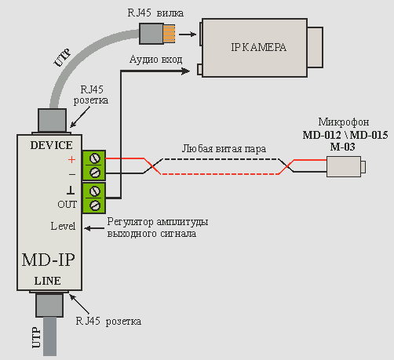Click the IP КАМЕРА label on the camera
[x=258, y=47]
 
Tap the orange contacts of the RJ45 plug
[x=170, y=34]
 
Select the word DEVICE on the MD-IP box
[x=51, y=145]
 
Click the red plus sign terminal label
[x=71, y=159]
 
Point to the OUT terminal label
[x=67, y=205]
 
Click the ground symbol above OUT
[x=71, y=190]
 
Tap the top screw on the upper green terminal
[x=95, y=158]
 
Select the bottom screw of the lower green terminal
[x=95, y=205]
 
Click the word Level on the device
[x=63, y=226]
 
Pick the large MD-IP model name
[x=49, y=260]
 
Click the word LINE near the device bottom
[x=48, y=281]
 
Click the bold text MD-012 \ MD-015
[x=345, y=135]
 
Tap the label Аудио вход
[x=156, y=60]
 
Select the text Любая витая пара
[x=224, y=149]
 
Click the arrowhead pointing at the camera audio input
[x=186, y=71]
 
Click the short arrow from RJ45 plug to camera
[x=188, y=34]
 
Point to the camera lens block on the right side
[x=315, y=47]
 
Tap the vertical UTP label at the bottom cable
[x=37, y=338]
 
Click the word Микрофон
[x=344, y=122]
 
